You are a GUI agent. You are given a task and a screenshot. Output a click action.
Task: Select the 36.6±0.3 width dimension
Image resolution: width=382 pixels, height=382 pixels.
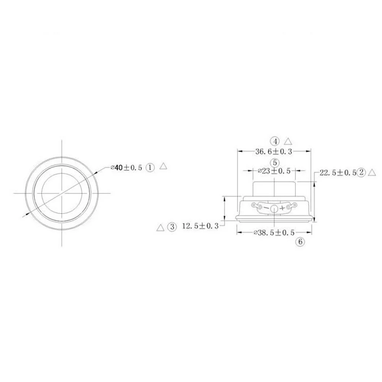(274, 152)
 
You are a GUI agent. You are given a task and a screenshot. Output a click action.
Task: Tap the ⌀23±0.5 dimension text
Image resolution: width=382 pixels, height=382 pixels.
(274, 171)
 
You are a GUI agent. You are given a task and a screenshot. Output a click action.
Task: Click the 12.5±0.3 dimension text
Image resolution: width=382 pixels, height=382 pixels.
(200, 226)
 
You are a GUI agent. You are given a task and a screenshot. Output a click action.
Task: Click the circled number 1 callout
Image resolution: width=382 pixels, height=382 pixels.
(151, 167)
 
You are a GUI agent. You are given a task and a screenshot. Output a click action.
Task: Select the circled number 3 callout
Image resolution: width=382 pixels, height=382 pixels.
(172, 227)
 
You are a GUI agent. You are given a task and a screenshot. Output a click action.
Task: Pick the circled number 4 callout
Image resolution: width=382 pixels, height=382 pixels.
(274, 141)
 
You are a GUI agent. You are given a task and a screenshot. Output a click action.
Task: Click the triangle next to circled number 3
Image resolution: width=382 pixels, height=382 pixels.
(160, 227)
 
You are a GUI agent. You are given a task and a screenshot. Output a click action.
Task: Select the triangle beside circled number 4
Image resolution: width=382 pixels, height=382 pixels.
(287, 140)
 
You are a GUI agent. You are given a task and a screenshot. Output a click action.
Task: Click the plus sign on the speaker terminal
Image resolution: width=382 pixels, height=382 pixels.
(283, 208)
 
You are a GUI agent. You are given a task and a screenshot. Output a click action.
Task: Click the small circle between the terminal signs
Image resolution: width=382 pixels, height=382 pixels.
(275, 209)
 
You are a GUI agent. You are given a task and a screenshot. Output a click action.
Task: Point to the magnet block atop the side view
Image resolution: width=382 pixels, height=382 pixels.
(275, 188)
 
